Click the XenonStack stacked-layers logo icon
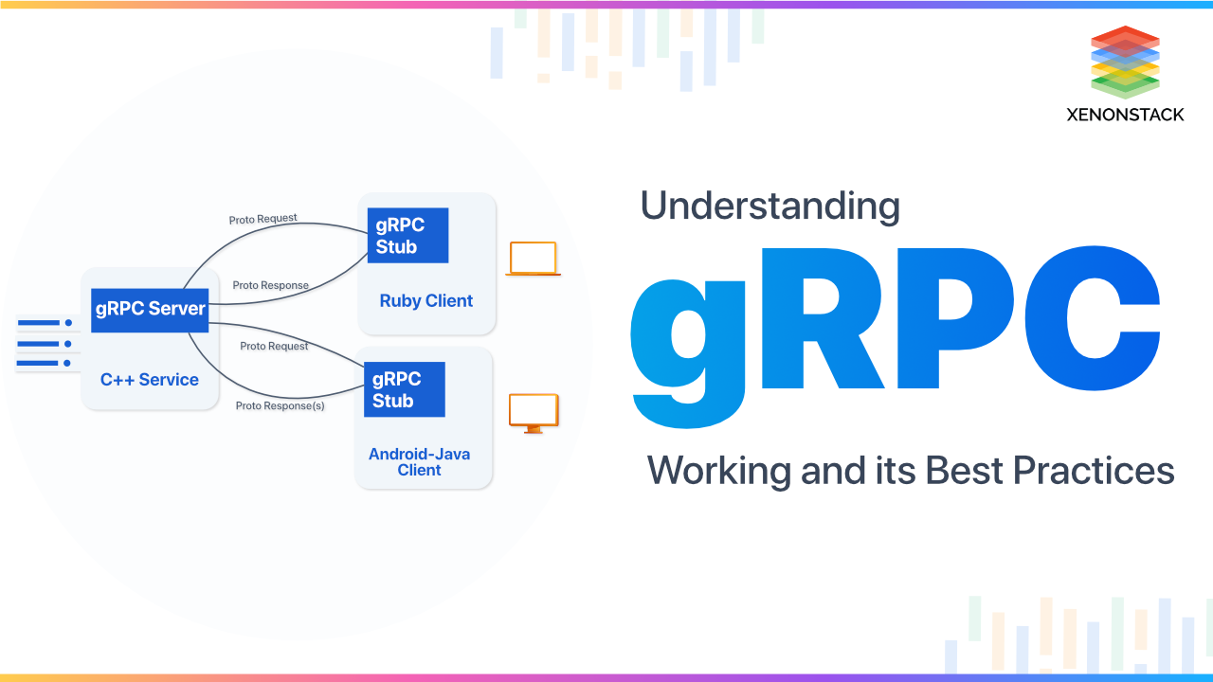tap(1125, 62)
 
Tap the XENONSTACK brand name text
tap(1125, 115)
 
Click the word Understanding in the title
tap(769, 206)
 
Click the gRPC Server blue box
tap(150, 309)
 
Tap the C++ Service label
tap(150, 380)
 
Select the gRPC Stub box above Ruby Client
tap(407, 236)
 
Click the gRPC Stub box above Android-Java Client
tap(404, 389)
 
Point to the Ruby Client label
tap(426, 301)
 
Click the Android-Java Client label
tap(420, 462)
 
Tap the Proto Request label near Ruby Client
tap(263, 219)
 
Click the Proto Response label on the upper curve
tap(270, 285)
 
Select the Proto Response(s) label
tap(280, 405)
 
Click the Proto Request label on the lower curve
tap(274, 346)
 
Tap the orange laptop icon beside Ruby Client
tap(533, 259)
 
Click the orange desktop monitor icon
tap(534, 413)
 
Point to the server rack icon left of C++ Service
tap(44, 343)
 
